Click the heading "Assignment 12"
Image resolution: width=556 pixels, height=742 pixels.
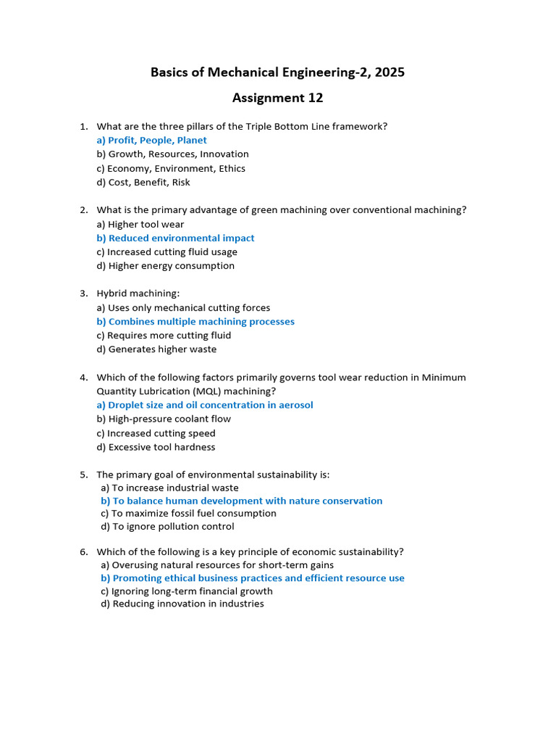coord(277,98)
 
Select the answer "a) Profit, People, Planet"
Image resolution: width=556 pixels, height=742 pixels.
coord(151,141)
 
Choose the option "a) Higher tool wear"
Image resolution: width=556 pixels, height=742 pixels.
coord(140,225)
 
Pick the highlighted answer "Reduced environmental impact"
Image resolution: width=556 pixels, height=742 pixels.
coord(181,238)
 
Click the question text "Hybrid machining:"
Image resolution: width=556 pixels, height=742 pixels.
coord(138,293)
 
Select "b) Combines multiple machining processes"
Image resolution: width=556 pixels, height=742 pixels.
coord(195,322)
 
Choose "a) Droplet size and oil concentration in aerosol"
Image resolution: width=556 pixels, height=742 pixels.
coord(204,405)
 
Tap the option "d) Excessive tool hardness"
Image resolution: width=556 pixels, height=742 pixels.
coord(156,447)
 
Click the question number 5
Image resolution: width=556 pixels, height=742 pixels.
coord(84,475)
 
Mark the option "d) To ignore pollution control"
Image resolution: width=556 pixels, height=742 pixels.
coord(167,527)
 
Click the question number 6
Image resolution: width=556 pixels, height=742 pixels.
coord(84,552)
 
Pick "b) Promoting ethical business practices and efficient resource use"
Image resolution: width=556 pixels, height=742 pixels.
coord(253,578)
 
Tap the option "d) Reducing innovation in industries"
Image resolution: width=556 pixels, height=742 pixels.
coord(182,604)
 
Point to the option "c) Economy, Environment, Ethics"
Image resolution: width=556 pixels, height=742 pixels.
coord(171,169)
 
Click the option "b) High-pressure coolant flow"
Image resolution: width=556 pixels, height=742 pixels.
coord(164,419)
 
